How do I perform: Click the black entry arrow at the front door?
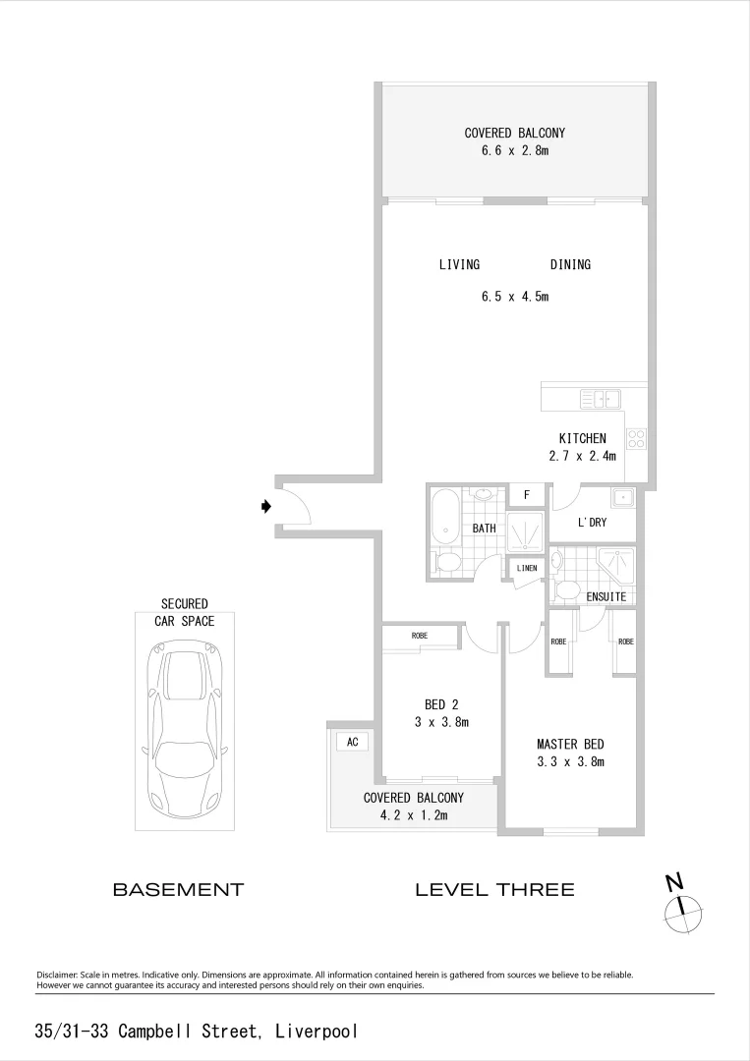[x=265, y=507]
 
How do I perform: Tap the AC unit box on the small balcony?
[x=352, y=743]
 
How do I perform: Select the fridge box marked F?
[x=526, y=494]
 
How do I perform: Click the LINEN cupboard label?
[x=526, y=569]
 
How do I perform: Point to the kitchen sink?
[x=600, y=398]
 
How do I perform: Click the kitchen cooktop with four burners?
[x=636, y=439]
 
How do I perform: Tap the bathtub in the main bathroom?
[x=444, y=517]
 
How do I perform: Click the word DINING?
[x=570, y=264]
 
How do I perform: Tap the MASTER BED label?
[x=570, y=745]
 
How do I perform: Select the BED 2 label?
[x=441, y=704]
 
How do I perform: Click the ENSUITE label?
[x=606, y=596]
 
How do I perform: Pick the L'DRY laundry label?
[x=592, y=523]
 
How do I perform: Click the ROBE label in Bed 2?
[x=420, y=636]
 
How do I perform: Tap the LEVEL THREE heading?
[x=494, y=890]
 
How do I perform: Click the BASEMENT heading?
[x=178, y=890]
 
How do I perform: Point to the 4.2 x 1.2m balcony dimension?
[x=413, y=814]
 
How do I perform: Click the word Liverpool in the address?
[x=317, y=1032]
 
